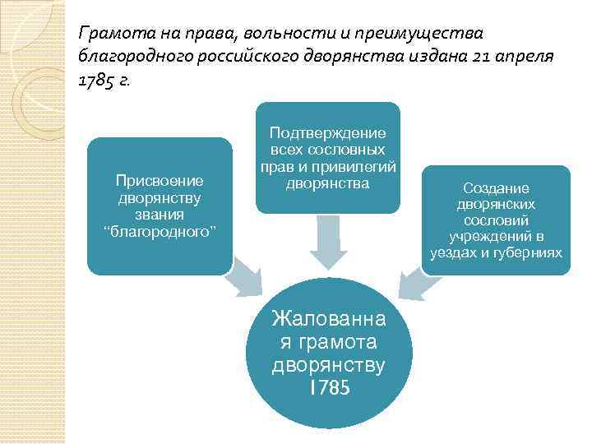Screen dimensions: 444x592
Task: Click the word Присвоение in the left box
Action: [x=160, y=180]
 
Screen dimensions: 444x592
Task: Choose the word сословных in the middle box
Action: [x=350, y=150]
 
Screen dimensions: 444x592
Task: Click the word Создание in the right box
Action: [x=496, y=188]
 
